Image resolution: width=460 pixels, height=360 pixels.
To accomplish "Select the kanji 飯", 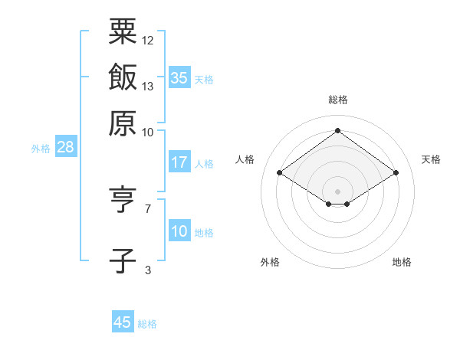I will coord(123,77).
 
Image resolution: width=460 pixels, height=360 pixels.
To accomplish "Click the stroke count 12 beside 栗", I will coord(148,40).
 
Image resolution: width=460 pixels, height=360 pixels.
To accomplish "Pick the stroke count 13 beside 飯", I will coord(148,86).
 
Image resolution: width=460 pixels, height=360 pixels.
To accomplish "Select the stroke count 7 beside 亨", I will coord(148,208).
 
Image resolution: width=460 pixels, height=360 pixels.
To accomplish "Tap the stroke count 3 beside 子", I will coord(148,270).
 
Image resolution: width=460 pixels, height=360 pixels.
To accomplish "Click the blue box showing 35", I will coord(179,78).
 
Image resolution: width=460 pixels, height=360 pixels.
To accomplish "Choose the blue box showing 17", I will coord(179,162).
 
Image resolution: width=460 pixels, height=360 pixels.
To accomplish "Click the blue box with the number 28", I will coord(65,148).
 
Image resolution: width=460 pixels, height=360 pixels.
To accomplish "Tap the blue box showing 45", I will coord(123,322).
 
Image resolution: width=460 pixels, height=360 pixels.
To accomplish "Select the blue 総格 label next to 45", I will coord(147,324).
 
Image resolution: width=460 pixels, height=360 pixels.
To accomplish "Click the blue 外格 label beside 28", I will coord(41,149).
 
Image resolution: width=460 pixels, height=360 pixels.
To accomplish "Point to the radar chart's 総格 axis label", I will coord(337,100).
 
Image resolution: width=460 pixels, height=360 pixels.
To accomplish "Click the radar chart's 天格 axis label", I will coord(431,159).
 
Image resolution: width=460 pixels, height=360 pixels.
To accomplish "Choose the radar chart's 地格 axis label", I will coord(402,262).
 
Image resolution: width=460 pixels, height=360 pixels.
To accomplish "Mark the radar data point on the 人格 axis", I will coord(280,173).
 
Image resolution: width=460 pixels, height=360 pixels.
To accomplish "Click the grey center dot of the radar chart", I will coord(337,191).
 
